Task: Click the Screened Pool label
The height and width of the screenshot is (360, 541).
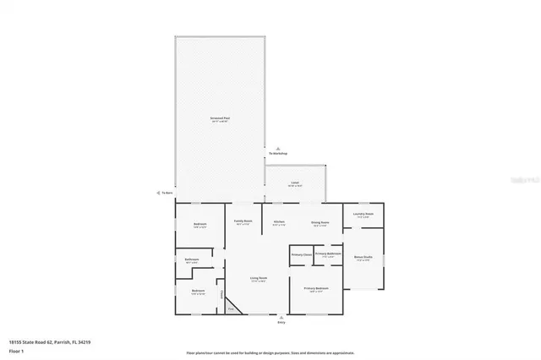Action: pos(220,119)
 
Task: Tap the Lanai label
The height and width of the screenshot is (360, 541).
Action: pos(294,183)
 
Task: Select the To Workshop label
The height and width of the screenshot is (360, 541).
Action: pos(278,153)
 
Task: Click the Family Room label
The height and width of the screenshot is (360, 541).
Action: pos(243,222)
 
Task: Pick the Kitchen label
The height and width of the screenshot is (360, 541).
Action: pos(278,223)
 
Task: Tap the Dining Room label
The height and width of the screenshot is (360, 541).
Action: pos(320,223)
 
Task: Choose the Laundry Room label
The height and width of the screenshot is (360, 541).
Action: pos(363,215)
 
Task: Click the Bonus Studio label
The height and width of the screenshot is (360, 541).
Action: pos(363,258)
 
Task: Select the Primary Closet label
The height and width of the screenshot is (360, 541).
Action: pos(302,254)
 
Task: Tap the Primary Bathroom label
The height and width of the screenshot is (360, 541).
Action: pos(328,254)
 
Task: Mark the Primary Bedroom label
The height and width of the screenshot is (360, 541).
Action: pos(317,289)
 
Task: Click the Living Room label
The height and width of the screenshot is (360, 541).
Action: pos(258,279)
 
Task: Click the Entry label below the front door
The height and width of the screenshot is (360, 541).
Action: pos(281,322)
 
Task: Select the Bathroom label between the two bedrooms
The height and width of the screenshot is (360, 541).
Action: pos(192,260)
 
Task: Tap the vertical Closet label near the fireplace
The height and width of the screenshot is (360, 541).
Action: pos(222,295)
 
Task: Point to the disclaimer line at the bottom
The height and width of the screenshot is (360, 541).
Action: pos(270,352)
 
